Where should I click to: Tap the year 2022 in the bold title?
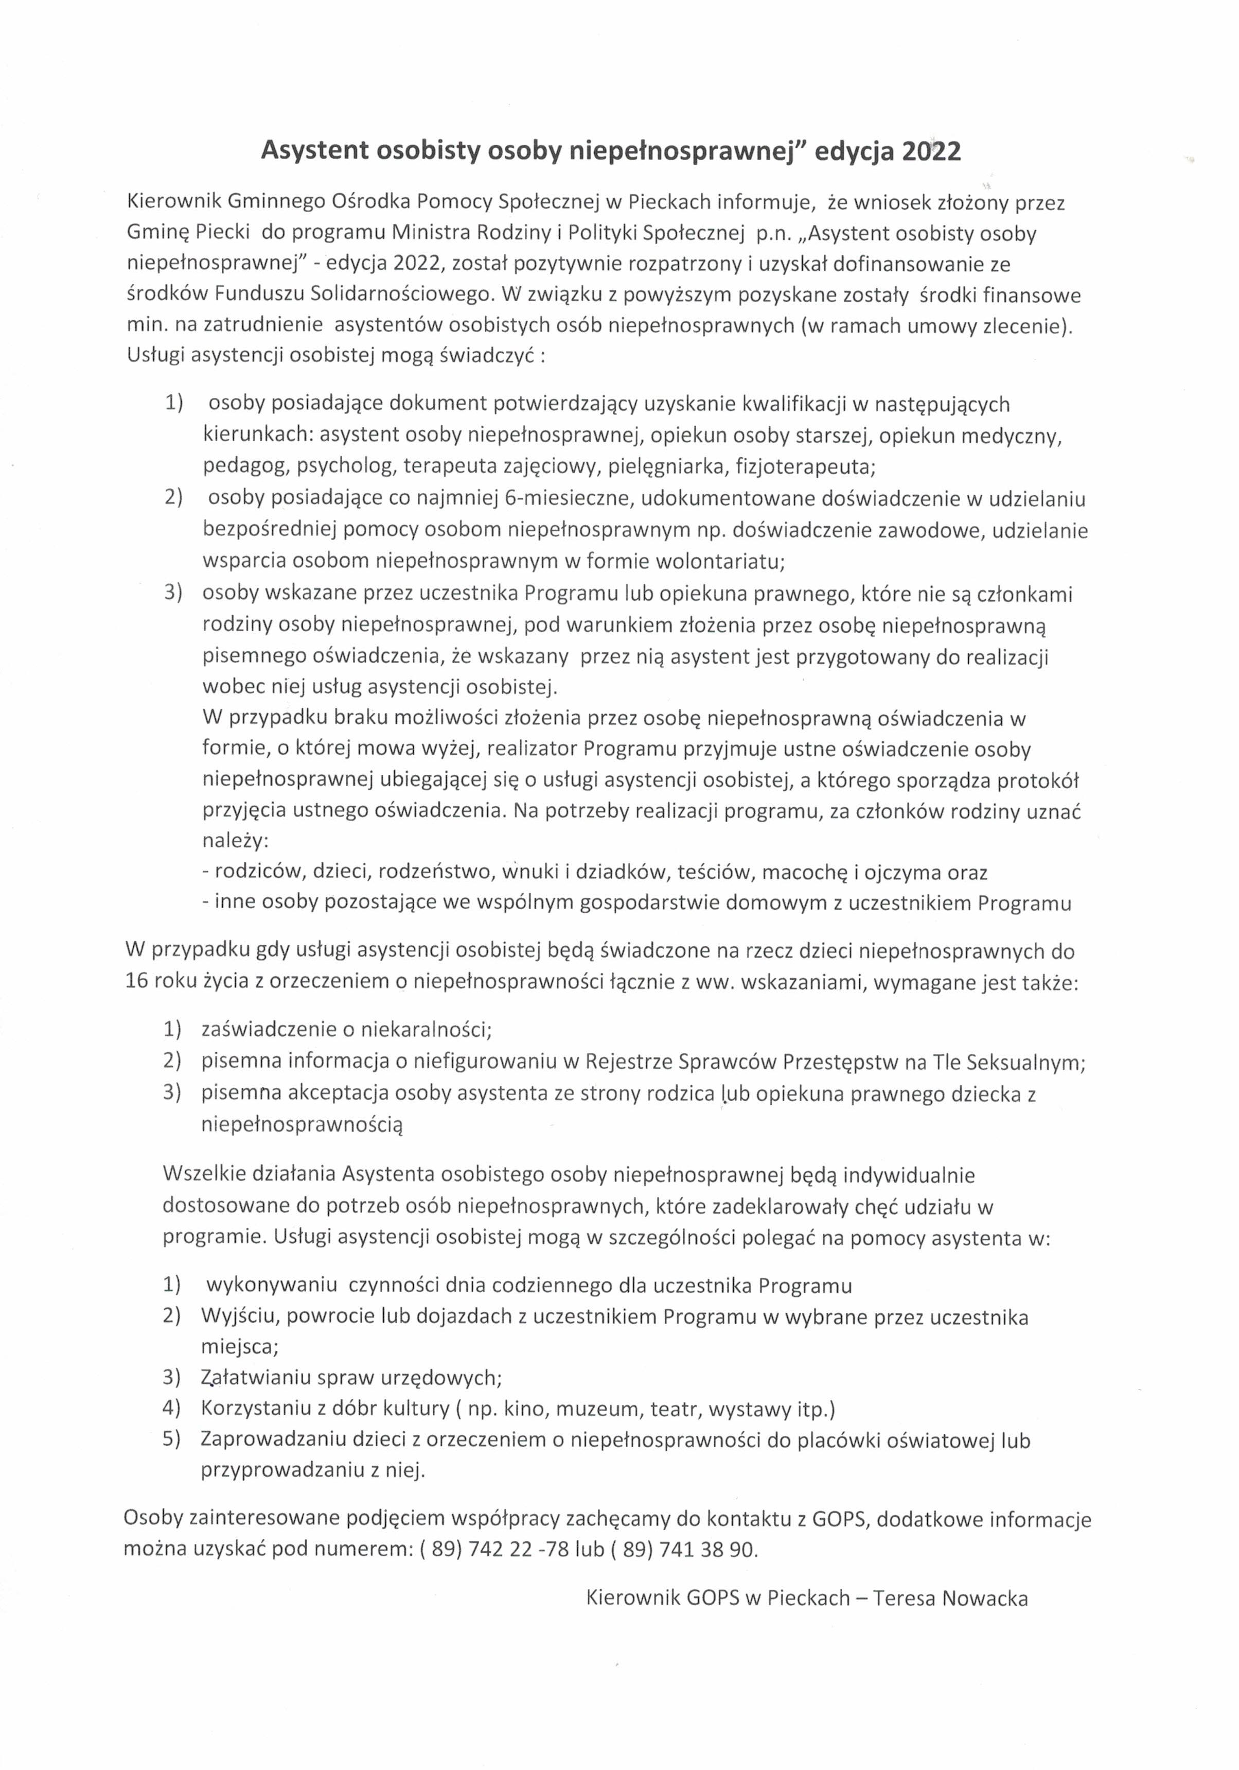click(931, 151)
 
